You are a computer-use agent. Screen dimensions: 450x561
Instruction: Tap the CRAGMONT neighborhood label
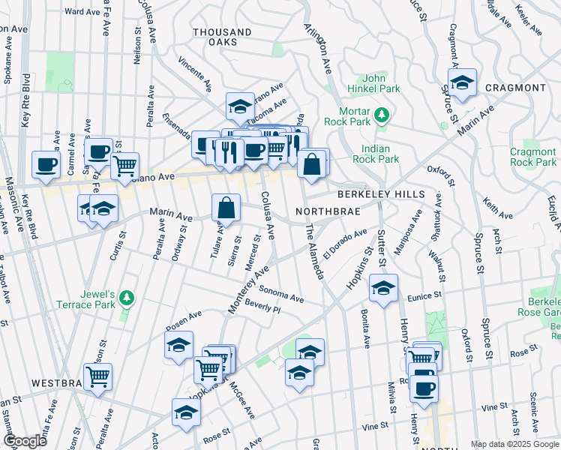pos(515,88)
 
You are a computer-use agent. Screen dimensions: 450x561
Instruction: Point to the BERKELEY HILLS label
pos(380,194)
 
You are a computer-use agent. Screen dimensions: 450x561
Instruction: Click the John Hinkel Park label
pos(382,83)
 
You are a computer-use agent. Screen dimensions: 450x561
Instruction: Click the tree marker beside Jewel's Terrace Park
pos(127,298)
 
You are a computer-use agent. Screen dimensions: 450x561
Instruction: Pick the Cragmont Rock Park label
pos(532,157)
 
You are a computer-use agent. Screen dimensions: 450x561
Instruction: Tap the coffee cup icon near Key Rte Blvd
pos(45,164)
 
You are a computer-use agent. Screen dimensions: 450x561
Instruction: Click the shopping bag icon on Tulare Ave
pos(226,208)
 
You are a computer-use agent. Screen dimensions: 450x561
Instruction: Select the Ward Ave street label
pos(82,12)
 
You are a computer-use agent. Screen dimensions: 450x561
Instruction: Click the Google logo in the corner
pos(25,441)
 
